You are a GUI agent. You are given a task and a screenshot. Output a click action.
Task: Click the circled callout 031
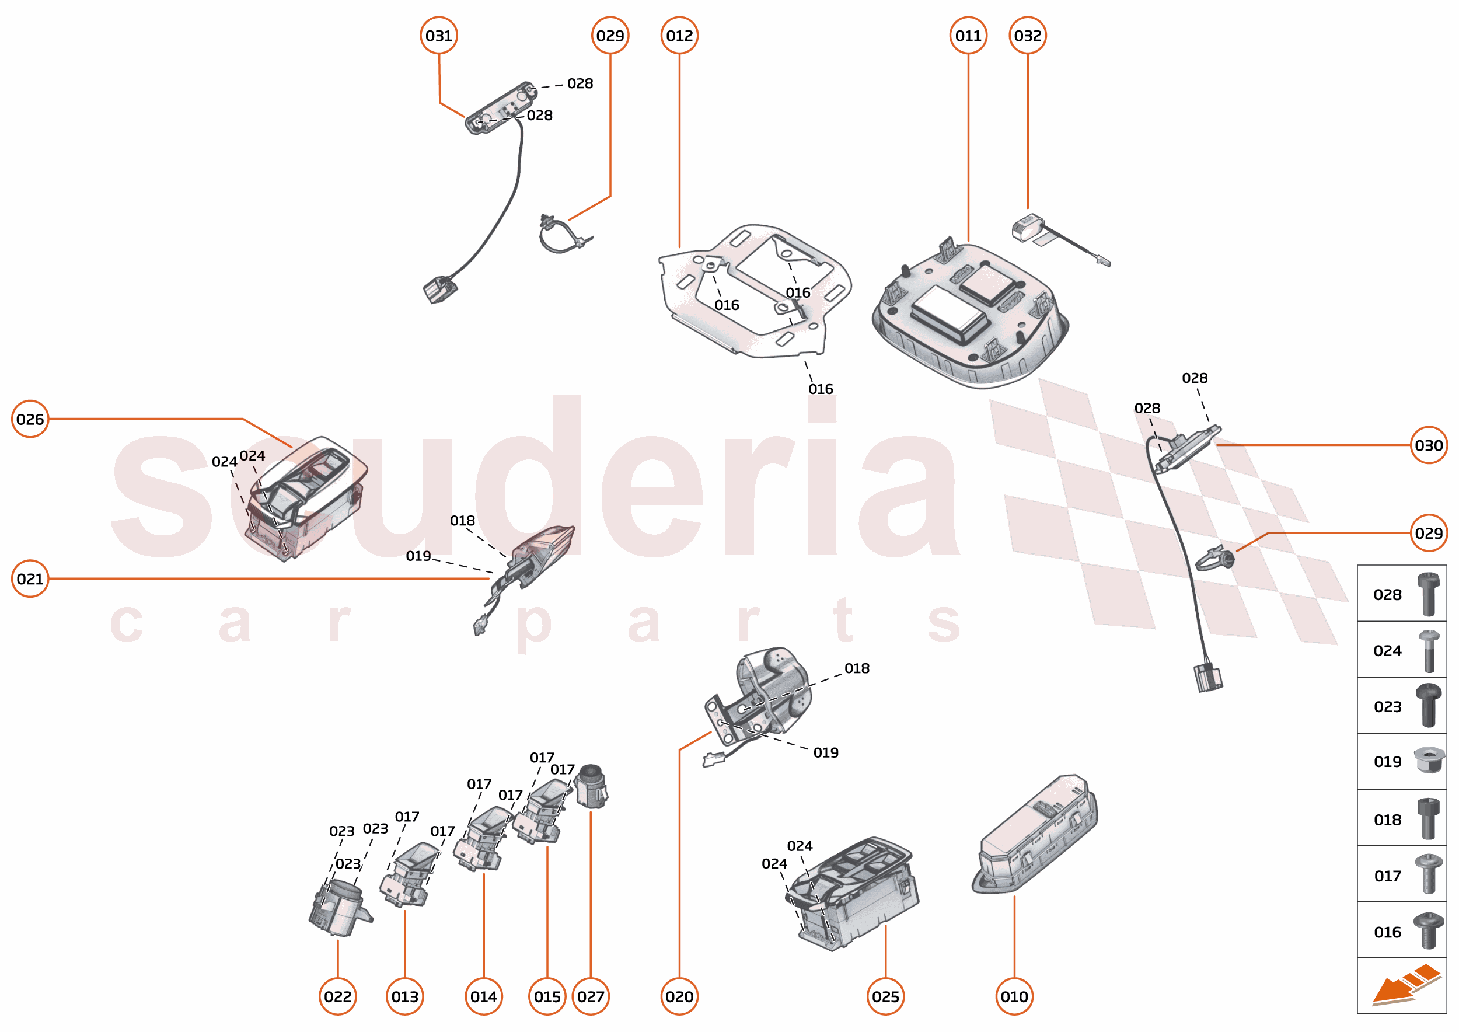[438, 36]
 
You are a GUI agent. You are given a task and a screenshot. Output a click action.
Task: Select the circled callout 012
[679, 36]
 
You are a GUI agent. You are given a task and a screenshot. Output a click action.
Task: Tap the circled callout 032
[1028, 36]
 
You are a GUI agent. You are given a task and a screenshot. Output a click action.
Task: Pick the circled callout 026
[30, 420]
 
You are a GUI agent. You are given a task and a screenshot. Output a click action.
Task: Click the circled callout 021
[30, 579]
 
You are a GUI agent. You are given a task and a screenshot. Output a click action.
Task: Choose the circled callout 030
[1429, 445]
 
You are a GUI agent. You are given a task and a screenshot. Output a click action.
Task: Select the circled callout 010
[1014, 996]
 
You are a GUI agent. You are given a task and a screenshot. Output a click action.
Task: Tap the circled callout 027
[591, 996]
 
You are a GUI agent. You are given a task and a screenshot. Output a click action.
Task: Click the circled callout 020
[679, 996]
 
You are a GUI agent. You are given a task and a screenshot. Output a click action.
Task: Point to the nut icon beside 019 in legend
[1429, 761]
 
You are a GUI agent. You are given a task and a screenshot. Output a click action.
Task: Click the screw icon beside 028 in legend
[1429, 594]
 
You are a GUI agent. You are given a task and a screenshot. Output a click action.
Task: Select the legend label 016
[1387, 932]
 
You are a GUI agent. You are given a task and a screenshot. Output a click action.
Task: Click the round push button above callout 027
[592, 787]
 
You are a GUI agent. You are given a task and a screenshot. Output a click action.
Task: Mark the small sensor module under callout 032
[1028, 228]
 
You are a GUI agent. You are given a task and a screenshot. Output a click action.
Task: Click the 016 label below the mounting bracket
[821, 389]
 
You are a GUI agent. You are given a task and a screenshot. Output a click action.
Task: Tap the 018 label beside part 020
[857, 668]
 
